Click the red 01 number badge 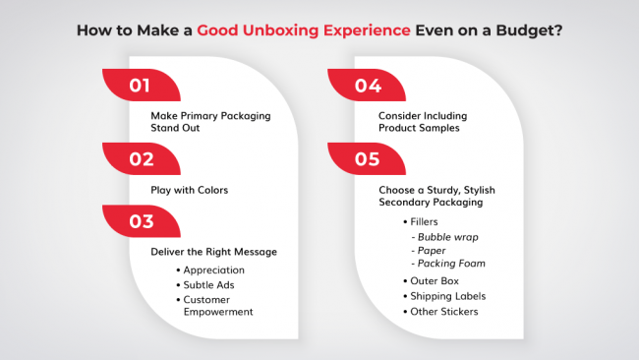[x=140, y=86]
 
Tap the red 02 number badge [x=140, y=158]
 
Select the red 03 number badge [x=140, y=220]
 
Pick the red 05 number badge [x=366, y=158]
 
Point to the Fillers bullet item [x=426, y=222]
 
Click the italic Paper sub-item [x=433, y=250]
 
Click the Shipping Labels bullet [x=447, y=296]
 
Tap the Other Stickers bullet [x=444, y=312]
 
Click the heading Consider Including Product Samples [x=424, y=122]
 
